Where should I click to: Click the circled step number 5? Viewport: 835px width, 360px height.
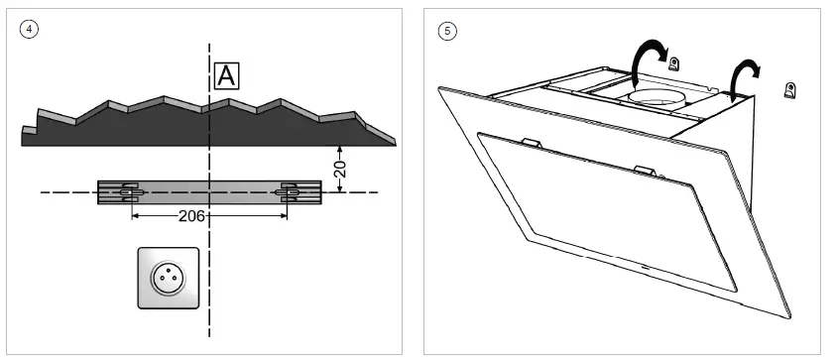(447, 30)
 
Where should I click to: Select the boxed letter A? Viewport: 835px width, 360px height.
(227, 75)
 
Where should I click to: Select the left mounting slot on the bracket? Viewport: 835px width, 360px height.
(130, 191)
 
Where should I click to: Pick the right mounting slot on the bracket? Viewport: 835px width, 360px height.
(291, 191)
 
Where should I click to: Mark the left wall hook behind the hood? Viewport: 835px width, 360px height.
(674, 65)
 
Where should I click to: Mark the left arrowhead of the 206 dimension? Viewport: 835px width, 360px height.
(136, 214)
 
